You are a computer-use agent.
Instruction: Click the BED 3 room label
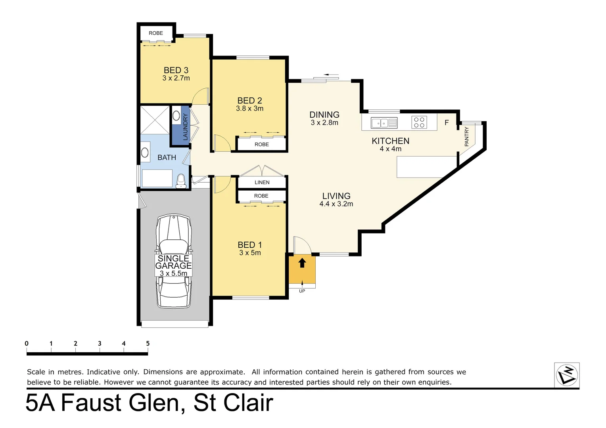[x=176, y=70]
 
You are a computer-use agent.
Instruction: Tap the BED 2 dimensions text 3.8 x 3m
[x=249, y=109]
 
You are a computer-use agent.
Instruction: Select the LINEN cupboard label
[x=262, y=182]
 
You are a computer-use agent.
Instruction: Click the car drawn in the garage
[x=174, y=238]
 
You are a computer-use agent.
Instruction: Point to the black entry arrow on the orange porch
[x=302, y=263]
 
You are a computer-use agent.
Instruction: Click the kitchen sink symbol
[x=384, y=123]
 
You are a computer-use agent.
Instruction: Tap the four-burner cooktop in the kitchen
[x=419, y=122]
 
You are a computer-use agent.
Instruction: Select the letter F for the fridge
[x=447, y=123]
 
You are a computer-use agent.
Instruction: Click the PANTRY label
[x=466, y=137]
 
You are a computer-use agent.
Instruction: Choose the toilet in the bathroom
[x=181, y=181]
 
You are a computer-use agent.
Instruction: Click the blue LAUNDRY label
[x=185, y=126]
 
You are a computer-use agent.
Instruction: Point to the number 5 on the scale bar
[x=148, y=344]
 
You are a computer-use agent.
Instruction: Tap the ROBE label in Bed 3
[x=156, y=33]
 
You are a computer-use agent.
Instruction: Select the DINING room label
[x=324, y=115]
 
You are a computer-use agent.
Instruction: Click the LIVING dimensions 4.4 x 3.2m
[x=336, y=204]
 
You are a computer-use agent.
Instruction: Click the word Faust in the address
[x=91, y=403]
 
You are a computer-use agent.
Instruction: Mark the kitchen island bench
[x=427, y=167]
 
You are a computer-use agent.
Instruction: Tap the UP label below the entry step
[x=302, y=291]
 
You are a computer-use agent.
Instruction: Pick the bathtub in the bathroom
[x=157, y=178]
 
